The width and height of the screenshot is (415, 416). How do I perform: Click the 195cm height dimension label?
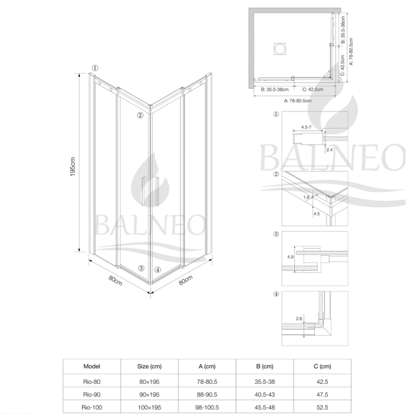tap(73, 167)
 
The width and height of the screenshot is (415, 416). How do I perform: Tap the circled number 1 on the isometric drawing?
tap(95, 68)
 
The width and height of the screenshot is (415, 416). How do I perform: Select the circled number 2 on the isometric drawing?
tap(140, 115)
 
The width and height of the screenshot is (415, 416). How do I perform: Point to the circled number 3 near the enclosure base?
tap(141, 268)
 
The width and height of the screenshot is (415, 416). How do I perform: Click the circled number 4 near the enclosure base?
tap(158, 269)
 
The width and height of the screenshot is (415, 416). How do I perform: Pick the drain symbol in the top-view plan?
tap(279, 49)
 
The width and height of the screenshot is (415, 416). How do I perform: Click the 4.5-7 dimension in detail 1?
tap(306, 127)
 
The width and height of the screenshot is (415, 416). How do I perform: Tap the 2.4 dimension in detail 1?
tap(329, 150)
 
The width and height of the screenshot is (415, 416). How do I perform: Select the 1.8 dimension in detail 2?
tap(306, 197)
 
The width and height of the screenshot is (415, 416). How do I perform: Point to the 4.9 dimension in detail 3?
tap(290, 257)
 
